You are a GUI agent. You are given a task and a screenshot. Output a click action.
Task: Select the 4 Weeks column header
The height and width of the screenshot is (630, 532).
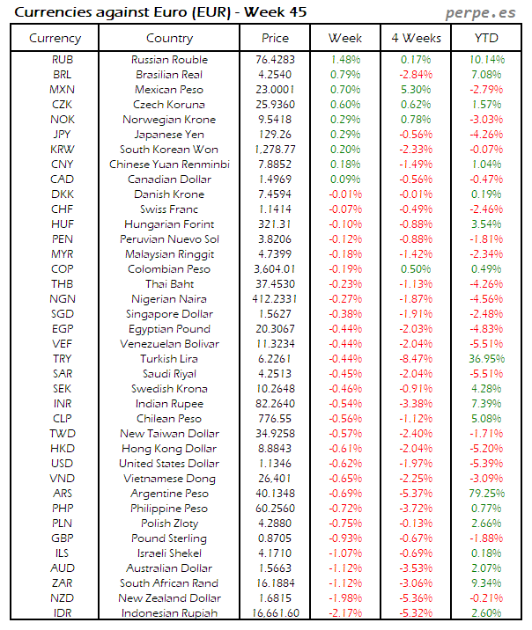(416, 38)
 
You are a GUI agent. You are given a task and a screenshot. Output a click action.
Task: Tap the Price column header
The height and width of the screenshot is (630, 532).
(275, 38)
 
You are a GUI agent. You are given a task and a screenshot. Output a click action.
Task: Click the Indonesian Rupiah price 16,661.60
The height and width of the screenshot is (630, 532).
(275, 613)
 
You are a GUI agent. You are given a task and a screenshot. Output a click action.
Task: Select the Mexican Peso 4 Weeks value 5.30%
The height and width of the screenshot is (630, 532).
(416, 90)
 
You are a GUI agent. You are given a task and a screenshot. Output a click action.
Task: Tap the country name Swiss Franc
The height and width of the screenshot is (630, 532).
(169, 209)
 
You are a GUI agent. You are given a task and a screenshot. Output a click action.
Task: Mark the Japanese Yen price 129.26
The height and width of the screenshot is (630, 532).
(275, 135)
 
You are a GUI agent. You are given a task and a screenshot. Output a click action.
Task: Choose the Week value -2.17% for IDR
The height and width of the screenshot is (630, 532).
(345, 613)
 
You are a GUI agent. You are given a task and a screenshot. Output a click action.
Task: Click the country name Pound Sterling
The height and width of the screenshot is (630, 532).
(169, 538)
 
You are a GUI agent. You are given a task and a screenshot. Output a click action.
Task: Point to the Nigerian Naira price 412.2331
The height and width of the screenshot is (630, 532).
(275, 299)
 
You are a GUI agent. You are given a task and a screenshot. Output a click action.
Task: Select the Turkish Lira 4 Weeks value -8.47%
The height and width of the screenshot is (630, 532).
(416, 359)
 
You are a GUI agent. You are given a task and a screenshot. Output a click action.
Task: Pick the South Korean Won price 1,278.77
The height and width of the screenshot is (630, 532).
(275, 150)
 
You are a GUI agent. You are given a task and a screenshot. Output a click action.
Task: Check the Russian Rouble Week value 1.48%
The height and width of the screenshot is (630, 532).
(345, 60)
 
